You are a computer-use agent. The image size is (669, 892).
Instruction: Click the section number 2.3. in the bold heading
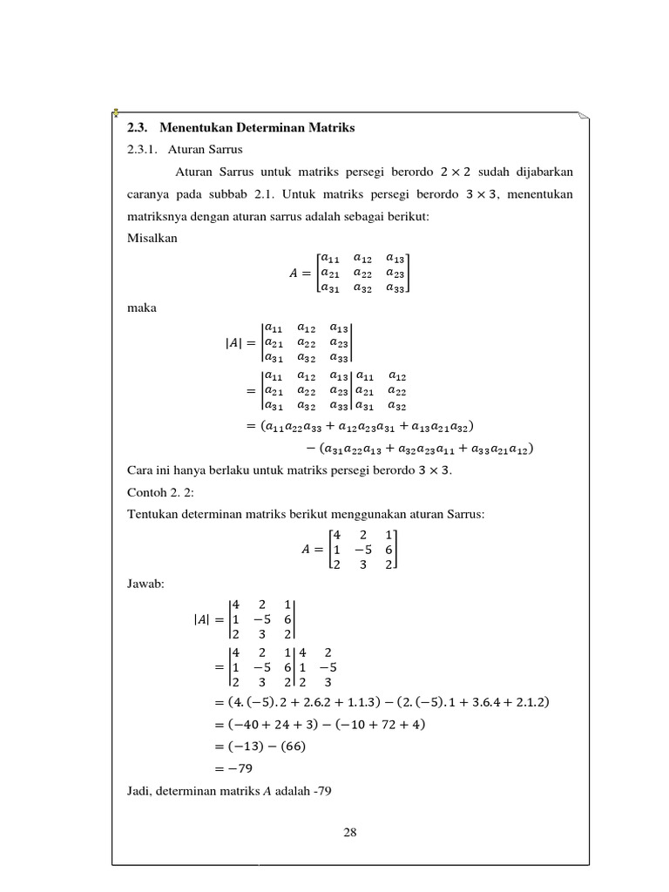[x=137, y=129]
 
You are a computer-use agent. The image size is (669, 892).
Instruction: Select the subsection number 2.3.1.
[x=141, y=150]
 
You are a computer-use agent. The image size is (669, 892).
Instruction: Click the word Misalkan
[x=150, y=238]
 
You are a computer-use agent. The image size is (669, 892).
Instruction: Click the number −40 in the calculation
[x=274, y=725]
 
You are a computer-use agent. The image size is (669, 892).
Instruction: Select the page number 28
[x=350, y=832]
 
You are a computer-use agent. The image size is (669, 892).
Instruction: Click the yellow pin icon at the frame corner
[x=116, y=113]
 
